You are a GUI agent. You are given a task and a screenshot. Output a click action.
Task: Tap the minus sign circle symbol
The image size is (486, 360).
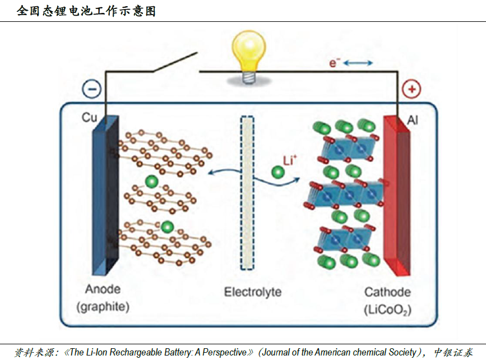coord(91,89)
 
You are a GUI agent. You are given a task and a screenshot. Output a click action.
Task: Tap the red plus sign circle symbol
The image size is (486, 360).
coord(411,89)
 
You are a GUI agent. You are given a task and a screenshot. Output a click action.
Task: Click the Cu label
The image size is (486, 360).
coord(89,118)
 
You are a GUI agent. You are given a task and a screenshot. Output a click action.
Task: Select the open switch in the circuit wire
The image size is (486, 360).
coord(174,63)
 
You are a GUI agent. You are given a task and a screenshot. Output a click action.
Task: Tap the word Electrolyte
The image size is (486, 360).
coord(253,292)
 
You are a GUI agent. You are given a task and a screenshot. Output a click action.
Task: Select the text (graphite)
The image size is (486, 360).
coord(103,307)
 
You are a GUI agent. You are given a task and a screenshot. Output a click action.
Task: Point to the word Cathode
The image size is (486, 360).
coord(387,292)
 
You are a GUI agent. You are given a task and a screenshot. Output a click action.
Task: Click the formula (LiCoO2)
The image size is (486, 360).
coord(387,309)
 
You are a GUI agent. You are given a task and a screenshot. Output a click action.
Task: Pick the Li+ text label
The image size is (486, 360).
coord(289,161)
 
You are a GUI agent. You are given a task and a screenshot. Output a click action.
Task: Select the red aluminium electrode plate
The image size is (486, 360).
coord(396,196)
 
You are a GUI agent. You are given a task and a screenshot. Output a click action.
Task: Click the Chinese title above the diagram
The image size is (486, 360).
coord(86,11)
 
